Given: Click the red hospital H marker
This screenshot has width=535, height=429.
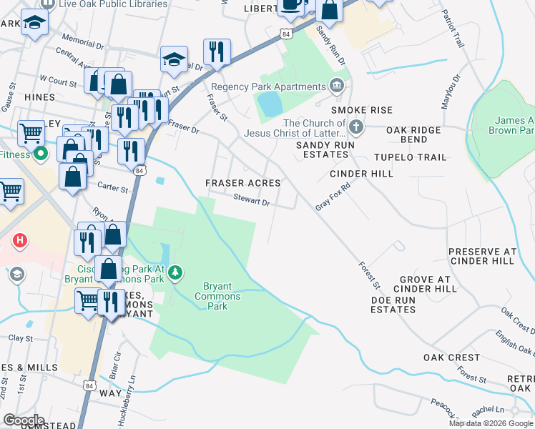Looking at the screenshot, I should pyautogui.click(x=20, y=240).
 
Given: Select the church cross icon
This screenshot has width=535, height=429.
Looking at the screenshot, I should pyautogui.click(x=356, y=128).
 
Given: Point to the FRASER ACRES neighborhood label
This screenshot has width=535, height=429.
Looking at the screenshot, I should pyautogui.click(x=243, y=184).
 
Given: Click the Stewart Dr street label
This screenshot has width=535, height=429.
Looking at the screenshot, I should pyautogui.click(x=251, y=202).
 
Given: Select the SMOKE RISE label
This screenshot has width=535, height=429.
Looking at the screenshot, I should pyautogui.click(x=361, y=110).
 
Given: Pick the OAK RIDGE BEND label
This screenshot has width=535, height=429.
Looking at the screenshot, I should pyautogui.click(x=413, y=134).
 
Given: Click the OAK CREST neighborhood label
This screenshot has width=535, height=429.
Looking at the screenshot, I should pyautogui.click(x=451, y=357).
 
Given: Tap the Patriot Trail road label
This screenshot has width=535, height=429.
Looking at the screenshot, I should pyautogui.click(x=453, y=29).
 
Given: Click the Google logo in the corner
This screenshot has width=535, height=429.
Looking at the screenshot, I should pyautogui.click(x=24, y=420).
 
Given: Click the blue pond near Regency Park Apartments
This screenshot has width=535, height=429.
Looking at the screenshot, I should pyautogui.click(x=270, y=104).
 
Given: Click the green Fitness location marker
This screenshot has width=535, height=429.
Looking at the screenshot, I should pyautogui.click(x=41, y=153).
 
